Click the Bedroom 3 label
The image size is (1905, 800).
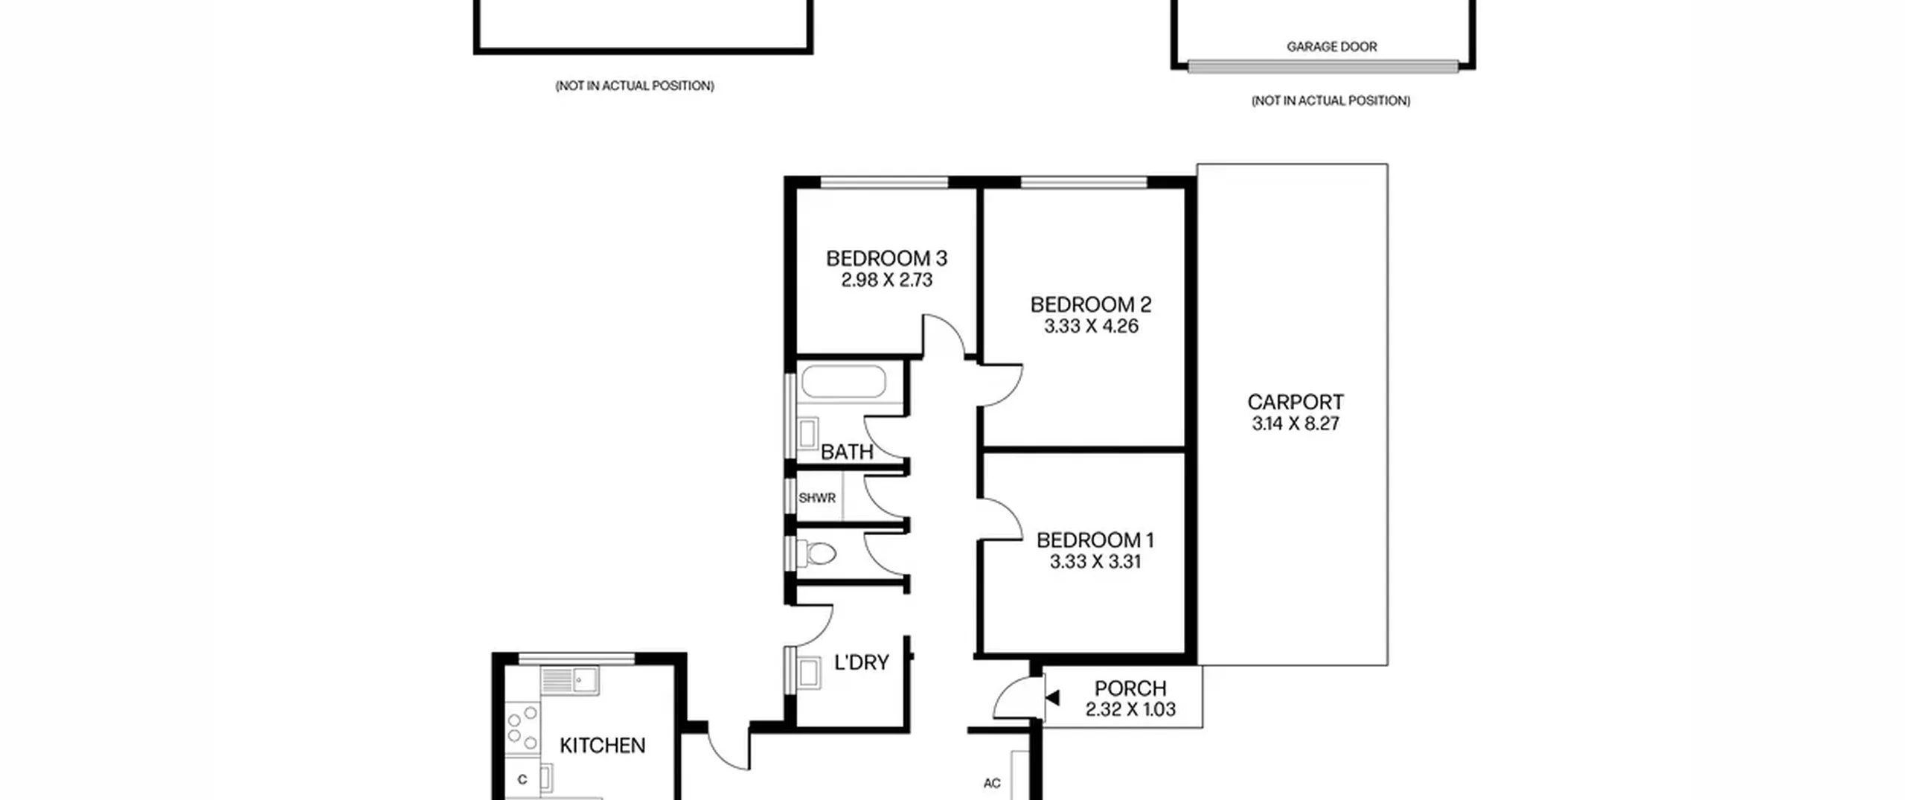click(886, 258)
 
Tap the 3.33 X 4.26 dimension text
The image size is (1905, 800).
click(1091, 326)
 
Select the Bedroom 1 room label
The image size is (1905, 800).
click(1095, 540)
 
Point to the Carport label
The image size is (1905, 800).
click(1296, 402)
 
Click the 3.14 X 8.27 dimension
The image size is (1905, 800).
click(1296, 423)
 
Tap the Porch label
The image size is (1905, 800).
click(1130, 688)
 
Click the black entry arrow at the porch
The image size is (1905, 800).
click(1052, 697)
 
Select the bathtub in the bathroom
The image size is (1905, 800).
click(844, 382)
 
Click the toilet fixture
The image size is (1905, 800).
click(816, 553)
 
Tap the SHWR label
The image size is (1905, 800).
click(817, 498)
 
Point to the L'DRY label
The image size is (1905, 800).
click(862, 662)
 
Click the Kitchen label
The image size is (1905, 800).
click(602, 745)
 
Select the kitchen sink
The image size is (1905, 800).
click(570, 680)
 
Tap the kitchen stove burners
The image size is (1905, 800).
click(522, 727)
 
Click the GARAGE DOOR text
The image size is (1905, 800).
click(1332, 47)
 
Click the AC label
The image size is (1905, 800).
click(992, 783)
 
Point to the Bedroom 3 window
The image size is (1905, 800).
click(884, 182)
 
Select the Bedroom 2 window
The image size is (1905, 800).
click(1084, 182)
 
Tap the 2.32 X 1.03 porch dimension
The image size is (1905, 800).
click(1130, 710)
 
